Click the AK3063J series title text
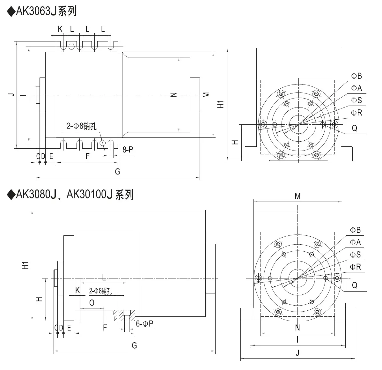(42, 11)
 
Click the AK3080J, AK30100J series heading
(70, 194)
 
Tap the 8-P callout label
(128, 149)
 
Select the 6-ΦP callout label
(144, 324)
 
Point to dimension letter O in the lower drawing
(92, 302)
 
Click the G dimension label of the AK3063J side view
(117, 172)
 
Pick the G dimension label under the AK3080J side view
(134, 345)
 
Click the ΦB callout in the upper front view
(356, 76)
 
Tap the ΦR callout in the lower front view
(356, 267)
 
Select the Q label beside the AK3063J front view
(355, 128)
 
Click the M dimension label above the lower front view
(298, 196)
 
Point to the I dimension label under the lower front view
(298, 340)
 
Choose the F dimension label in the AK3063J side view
(88, 156)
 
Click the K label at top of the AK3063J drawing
(60, 29)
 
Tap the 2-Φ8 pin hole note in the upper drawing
(81, 126)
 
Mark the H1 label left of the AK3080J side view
(26, 265)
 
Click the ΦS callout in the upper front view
(356, 100)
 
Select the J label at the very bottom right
(298, 352)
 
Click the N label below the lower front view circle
(298, 328)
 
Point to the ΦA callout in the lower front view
(356, 242)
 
